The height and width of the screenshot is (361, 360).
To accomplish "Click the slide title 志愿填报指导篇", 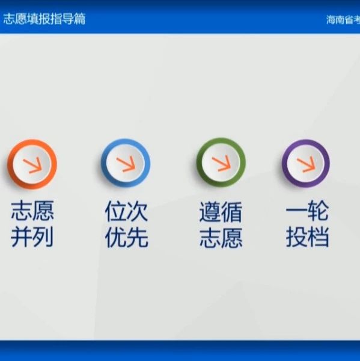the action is [x=44, y=19].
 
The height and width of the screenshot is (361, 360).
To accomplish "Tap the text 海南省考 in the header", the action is [x=343, y=20].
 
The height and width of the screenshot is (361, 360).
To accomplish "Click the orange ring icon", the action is [x=32, y=164].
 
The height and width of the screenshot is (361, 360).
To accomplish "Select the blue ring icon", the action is [x=126, y=163].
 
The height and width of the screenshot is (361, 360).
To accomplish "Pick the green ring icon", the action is [x=221, y=162].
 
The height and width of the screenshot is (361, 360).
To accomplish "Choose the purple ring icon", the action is [x=306, y=163].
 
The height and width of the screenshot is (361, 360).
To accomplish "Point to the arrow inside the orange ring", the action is [x=32, y=165].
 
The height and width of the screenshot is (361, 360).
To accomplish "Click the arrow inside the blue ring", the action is [x=126, y=164].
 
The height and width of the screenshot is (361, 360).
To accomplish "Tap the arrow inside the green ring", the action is [x=221, y=163].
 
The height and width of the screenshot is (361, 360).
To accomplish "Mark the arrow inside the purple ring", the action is [x=306, y=164].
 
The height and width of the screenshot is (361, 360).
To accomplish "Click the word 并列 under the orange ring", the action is [x=32, y=236].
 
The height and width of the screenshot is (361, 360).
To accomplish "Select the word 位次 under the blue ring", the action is [x=126, y=211].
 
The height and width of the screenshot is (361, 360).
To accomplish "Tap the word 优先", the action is [x=127, y=237].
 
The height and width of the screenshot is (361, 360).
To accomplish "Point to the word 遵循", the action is [x=221, y=212].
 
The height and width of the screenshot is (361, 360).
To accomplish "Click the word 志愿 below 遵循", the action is [x=221, y=238].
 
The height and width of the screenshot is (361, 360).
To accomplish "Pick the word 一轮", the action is [x=307, y=211].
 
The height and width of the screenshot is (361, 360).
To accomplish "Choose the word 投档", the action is [x=307, y=236].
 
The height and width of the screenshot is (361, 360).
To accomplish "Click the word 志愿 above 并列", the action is [x=32, y=211].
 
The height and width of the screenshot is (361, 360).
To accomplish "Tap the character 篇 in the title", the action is [x=80, y=19].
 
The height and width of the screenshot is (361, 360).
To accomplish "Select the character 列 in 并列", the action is [x=43, y=236].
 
